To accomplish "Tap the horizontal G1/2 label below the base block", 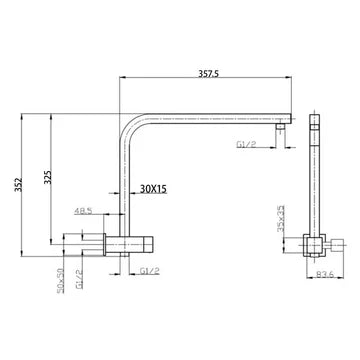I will [149, 270].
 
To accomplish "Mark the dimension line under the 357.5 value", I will [205, 81].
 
